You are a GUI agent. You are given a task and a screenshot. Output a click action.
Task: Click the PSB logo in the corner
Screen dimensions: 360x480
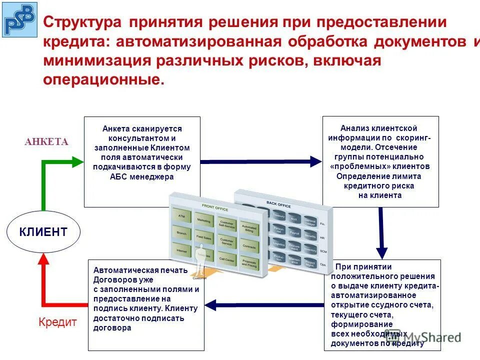pos(19,19)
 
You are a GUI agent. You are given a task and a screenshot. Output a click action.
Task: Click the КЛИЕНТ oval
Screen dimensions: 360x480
pos(43,231)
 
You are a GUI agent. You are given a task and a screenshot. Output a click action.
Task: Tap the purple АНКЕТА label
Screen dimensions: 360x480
pos(46,142)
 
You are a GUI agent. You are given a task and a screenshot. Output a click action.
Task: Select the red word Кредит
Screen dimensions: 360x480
pos(57,322)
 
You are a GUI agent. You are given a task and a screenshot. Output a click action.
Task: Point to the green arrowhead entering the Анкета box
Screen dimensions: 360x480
pos(77,161)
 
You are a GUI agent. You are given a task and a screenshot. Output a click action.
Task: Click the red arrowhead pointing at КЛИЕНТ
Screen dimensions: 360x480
pos(43,258)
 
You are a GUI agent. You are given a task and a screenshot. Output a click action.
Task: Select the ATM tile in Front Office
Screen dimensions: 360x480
pos(180,215)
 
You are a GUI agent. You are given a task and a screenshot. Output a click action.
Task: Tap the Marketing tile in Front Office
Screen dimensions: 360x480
pos(203,220)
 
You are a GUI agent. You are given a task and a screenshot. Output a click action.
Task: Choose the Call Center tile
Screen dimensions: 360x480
pos(226,260)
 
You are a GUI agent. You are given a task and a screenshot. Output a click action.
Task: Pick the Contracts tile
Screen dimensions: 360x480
pos(249,246)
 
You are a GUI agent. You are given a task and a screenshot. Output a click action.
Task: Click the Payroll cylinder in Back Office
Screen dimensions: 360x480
pos(294,233)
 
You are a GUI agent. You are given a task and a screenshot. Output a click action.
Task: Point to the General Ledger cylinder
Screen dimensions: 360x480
pos(310,221)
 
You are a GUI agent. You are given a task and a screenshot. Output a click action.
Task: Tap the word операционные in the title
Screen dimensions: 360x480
pos(103,79)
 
